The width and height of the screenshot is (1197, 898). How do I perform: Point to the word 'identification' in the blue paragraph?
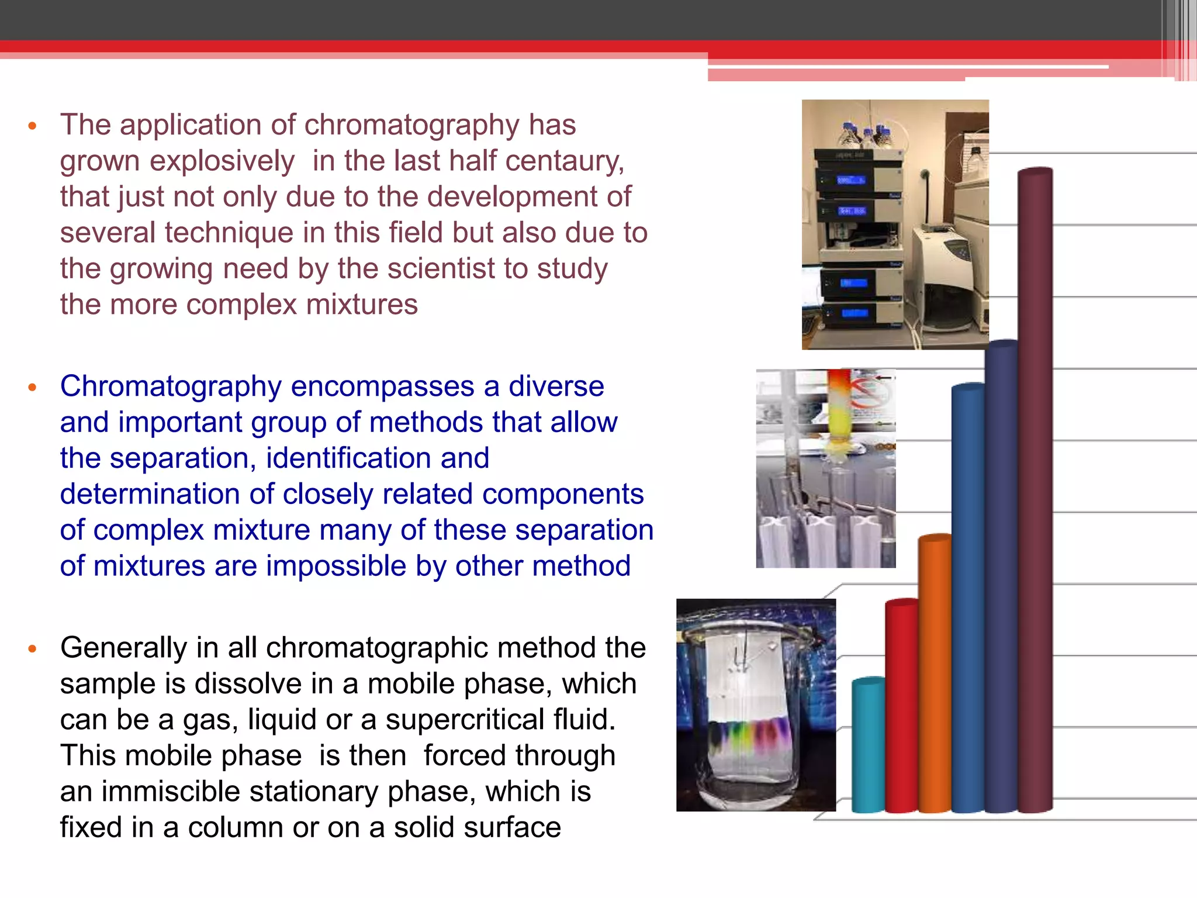point(378,458)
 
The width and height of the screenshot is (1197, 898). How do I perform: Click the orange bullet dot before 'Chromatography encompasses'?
point(33,387)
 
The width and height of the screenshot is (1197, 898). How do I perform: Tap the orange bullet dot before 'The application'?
point(33,126)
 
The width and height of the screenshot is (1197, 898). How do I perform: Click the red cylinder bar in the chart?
point(901,707)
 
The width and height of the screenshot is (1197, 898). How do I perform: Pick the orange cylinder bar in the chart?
point(935,672)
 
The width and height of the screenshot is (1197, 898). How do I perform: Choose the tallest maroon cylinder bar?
point(1035,491)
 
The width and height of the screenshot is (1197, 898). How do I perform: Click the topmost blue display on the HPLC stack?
point(850,180)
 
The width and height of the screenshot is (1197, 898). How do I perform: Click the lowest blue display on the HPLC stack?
point(853,313)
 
